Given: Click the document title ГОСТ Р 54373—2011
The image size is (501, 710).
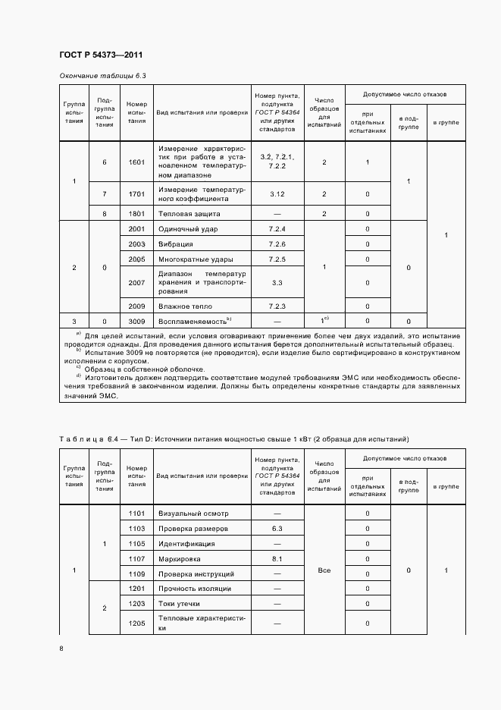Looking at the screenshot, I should (x=100, y=55).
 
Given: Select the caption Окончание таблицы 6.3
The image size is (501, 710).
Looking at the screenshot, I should (x=102, y=77).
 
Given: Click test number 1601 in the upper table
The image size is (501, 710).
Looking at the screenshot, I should (x=136, y=162).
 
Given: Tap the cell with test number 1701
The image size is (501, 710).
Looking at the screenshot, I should (x=136, y=194).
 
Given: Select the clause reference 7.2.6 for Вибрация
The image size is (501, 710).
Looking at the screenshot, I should (x=277, y=244).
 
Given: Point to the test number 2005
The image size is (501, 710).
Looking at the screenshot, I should (x=136, y=259).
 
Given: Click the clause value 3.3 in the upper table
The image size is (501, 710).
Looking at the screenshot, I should (x=277, y=282).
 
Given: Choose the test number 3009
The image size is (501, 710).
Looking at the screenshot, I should (x=136, y=322).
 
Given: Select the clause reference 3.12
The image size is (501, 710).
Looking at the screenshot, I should (x=277, y=194).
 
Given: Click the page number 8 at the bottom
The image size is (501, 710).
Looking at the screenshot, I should (x=61, y=648).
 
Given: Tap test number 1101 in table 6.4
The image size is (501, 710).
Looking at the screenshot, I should (x=136, y=514).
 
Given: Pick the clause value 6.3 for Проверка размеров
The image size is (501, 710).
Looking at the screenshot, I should (x=277, y=529).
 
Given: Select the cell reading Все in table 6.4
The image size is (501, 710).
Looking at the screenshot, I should (x=324, y=570).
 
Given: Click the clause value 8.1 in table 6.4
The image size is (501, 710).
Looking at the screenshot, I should (x=277, y=559).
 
